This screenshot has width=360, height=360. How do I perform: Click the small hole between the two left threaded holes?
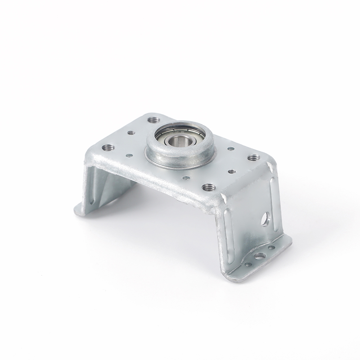pyautogui.click(x=131, y=133)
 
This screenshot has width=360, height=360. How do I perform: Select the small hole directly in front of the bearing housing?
pyautogui.click(x=184, y=178)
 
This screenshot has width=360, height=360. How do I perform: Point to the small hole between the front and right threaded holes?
pyautogui.click(x=231, y=171)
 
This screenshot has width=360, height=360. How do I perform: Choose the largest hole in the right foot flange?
pyautogui.click(x=259, y=257)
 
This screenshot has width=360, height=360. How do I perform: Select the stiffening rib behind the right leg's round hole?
pyautogui.click(x=270, y=193)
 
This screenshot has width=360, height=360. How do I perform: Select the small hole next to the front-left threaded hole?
pyautogui.click(x=129, y=156)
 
